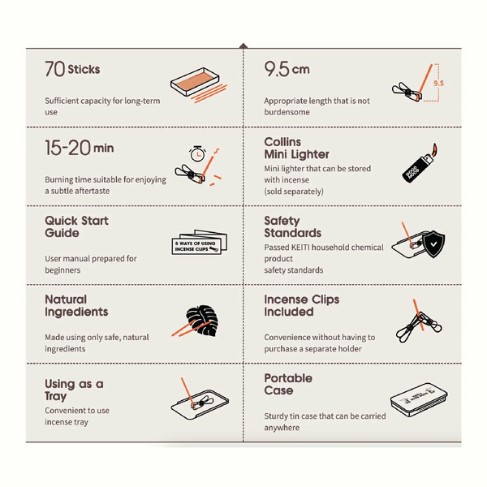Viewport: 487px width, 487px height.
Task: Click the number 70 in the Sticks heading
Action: pos(54,69)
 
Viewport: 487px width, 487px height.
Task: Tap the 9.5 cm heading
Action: pos(287,69)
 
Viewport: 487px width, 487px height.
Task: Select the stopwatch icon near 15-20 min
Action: pos(197,153)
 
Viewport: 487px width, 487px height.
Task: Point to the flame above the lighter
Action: pos(434,150)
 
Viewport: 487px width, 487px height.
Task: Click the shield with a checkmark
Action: pos(433,243)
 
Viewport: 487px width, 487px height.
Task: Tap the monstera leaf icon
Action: pos(202,321)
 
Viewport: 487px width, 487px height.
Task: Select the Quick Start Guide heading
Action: pos(76,226)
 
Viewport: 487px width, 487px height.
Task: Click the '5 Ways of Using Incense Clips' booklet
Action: pos(200,242)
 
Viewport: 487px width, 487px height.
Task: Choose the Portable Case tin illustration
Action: pos(419,399)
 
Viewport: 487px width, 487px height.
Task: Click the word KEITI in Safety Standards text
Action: pos(300,248)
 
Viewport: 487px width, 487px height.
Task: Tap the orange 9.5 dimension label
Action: pos(438,83)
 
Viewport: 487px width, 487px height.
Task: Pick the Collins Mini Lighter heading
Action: pos(296,148)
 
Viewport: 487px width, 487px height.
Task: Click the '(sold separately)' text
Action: pos(294,192)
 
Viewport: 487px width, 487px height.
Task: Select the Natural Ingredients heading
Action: pos(76,305)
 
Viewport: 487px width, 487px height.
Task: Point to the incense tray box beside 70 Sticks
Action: pos(195,81)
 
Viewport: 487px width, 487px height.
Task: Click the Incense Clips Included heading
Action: pos(302,305)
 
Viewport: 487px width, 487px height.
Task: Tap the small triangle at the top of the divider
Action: pos(243,45)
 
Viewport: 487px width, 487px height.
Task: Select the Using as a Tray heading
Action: pos(74,390)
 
